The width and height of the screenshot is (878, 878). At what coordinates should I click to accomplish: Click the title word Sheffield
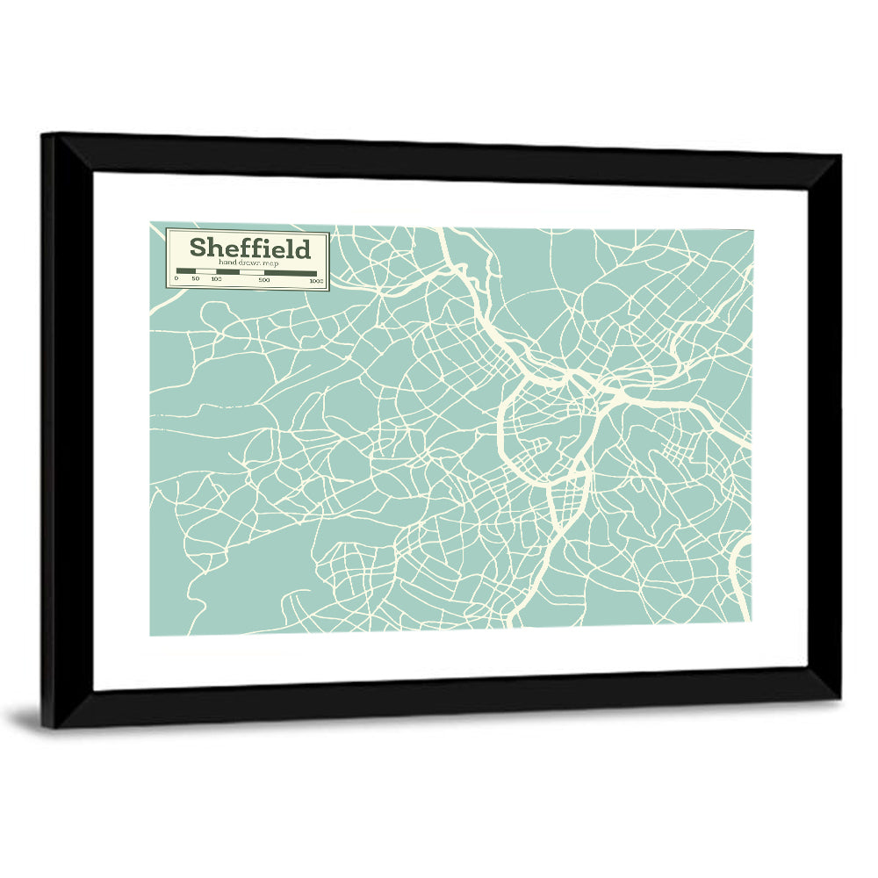click(x=250, y=248)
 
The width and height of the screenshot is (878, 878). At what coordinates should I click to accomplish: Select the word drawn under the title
click(x=241, y=263)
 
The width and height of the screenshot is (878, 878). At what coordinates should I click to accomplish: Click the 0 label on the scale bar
click(x=176, y=279)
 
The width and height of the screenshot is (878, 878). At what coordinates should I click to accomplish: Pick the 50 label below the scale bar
click(x=196, y=279)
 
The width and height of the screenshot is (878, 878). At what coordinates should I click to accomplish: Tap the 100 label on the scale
click(x=217, y=279)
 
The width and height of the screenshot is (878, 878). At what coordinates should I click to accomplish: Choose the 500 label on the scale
click(x=263, y=279)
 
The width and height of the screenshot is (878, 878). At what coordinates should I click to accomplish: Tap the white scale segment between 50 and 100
click(x=206, y=272)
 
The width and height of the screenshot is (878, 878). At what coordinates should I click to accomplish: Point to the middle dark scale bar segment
click(x=228, y=272)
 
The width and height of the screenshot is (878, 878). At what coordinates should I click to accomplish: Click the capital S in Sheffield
click(x=198, y=248)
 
